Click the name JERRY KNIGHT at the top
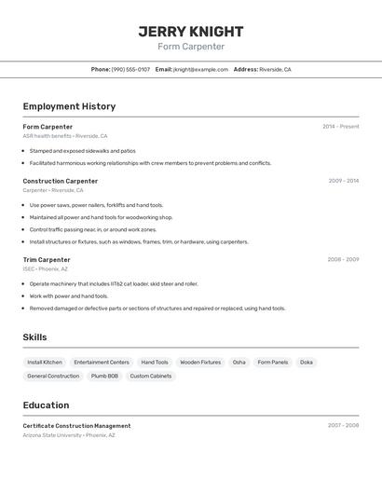click(191, 31)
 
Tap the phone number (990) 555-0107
click(130, 69)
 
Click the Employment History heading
click(69, 106)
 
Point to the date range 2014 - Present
click(340, 126)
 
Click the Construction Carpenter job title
click(61, 181)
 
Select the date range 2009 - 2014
click(343, 181)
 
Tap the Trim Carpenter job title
click(47, 259)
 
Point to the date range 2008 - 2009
click(343, 259)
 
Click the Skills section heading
click(34, 337)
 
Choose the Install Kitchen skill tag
click(45, 362)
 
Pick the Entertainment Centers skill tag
click(102, 362)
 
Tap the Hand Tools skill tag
click(155, 362)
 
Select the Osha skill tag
click(239, 362)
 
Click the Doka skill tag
click(307, 362)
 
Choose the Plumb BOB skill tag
click(104, 376)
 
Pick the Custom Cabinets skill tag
click(151, 376)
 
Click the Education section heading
click(46, 405)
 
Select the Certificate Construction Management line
click(76, 426)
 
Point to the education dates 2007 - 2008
click(343, 425)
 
